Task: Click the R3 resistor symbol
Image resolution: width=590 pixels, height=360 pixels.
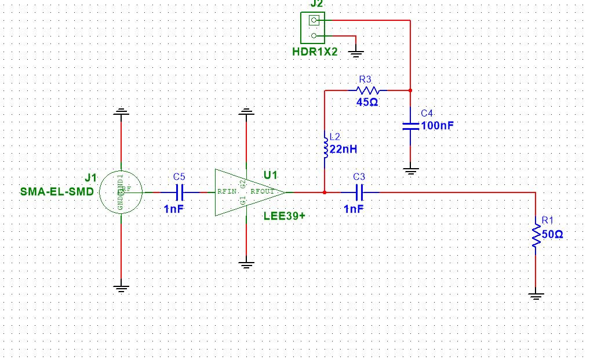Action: click(x=368, y=90)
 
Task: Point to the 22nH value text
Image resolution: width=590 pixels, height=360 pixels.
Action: click(x=343, y=149)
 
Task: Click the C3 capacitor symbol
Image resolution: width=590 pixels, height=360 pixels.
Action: click(x=359, y=192)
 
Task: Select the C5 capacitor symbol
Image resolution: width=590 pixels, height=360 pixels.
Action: click(x=180, y=192)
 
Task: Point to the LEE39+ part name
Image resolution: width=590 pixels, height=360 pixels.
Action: click(x=285, y=216)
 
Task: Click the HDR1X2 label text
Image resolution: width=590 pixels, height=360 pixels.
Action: click(x=315, y=52)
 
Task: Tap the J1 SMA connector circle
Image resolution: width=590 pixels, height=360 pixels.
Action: click(x=121, y=192)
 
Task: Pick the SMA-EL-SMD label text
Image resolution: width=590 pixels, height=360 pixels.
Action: click(x=57, y=192)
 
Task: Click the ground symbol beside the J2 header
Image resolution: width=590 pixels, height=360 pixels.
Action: click(x=356, y=53)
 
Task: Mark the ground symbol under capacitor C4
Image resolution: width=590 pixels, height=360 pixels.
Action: click(x=410, y=170)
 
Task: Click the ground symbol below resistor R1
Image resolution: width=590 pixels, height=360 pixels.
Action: click(x=536, y=296)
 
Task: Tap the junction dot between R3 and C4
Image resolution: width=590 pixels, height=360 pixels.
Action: click(x=410, y=90)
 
